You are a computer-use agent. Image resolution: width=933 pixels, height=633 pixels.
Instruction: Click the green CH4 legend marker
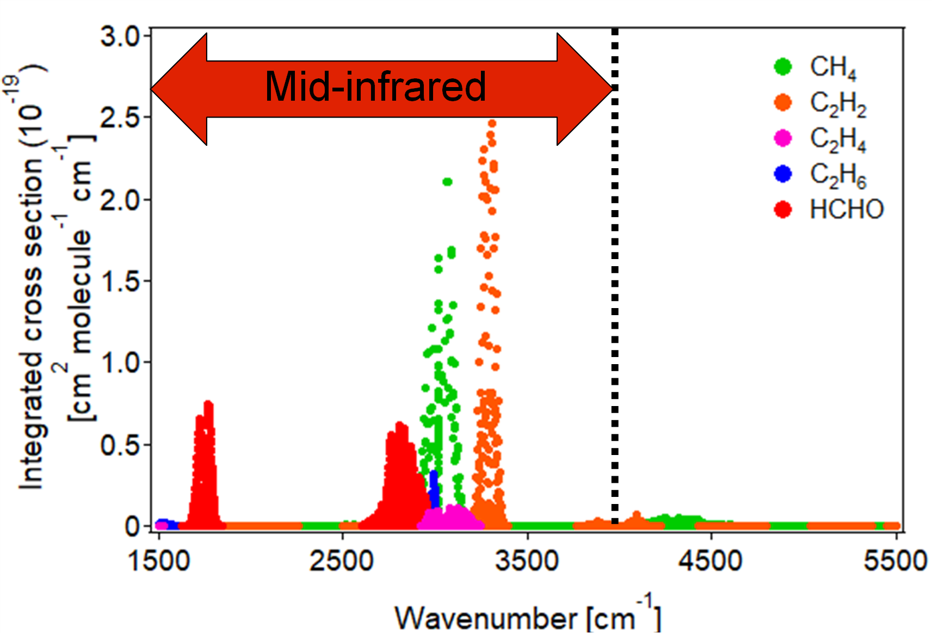[782, 66]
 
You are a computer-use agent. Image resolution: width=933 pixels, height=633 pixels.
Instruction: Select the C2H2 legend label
[838, 103]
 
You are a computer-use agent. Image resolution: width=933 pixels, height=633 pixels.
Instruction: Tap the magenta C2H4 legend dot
[782, 138]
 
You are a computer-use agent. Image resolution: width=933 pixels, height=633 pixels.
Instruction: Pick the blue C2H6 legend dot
[782, 174]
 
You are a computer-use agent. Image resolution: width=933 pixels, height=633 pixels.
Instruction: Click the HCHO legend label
[847, 210]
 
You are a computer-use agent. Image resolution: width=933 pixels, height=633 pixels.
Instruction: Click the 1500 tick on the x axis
[159, 561]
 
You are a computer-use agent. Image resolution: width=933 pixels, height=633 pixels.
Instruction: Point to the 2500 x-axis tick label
[342, 561]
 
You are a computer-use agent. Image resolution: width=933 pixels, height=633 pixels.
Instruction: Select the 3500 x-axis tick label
[527, 561]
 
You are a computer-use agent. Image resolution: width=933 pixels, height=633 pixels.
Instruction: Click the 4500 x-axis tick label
[710, 561]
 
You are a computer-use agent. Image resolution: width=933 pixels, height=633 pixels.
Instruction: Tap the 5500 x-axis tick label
[895, 561]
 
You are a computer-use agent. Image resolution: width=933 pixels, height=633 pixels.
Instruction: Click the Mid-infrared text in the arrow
[375, 87]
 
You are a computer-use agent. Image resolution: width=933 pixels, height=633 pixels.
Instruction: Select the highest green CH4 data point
[447, 182]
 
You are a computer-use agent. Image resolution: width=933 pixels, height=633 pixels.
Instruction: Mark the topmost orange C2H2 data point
[491, 124]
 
